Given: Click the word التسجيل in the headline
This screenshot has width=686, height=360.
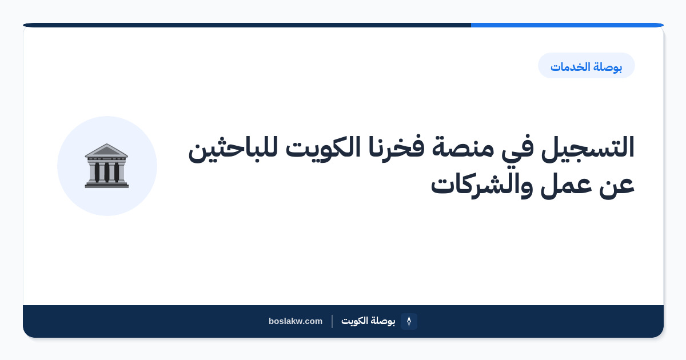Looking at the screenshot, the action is click(588, 147).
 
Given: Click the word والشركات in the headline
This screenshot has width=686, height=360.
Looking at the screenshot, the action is click(482, 185).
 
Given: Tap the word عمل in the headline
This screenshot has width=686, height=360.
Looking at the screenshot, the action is click(566, 186).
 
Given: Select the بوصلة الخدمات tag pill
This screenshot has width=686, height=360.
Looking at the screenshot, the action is click(586, 66).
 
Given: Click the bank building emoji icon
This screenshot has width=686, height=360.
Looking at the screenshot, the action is click(106, 166).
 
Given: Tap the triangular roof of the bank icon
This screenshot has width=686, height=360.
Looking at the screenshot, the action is click(106, 150).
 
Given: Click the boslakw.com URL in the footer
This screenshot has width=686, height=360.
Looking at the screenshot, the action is click(296, 321).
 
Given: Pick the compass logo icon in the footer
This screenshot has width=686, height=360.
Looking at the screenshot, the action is click(409, 321).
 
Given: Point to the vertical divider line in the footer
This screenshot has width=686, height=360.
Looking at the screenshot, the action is click(332, 321).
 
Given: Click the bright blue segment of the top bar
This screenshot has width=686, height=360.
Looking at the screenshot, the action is click(567, 25).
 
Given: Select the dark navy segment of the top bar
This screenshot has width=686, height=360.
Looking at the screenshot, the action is click(247, 25).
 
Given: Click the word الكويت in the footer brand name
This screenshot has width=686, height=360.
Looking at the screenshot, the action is click(354, 321).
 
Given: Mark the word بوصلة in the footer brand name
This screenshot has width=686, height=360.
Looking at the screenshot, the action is click(383, 321).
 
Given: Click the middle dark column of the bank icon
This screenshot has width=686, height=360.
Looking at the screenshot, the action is click(106, 173).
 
